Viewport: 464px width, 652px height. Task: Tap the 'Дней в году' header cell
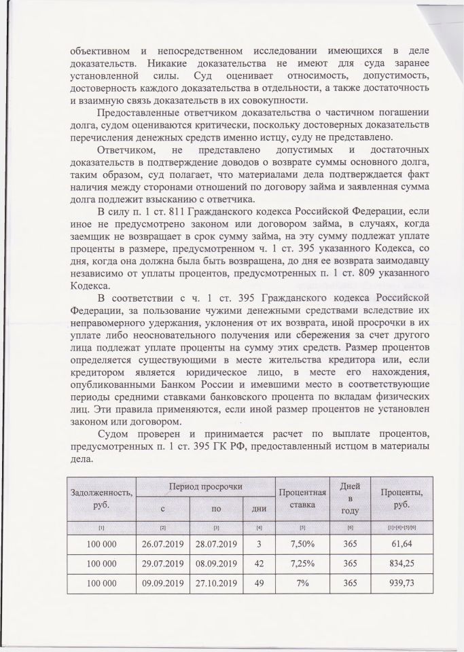[x=351, y=498]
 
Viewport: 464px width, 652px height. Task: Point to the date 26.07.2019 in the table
[x=163, y=545]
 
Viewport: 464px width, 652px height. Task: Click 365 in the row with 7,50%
[x=351, y=545]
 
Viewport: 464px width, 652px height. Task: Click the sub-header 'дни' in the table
[x=258, y=508]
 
